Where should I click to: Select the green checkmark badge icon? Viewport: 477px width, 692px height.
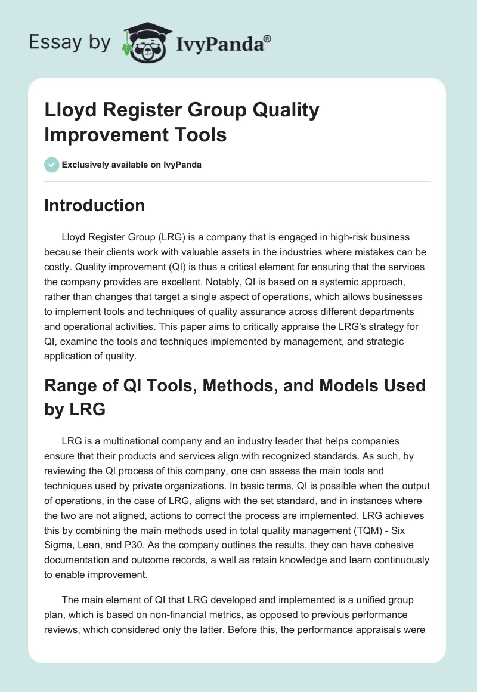point(52,165)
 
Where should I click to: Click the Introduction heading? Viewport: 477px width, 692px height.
point(95,205)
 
